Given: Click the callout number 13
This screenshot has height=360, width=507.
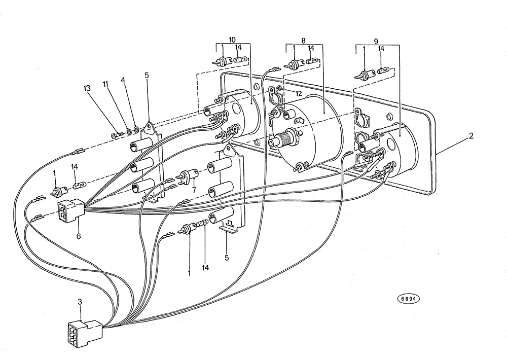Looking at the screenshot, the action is (x=87, y=88).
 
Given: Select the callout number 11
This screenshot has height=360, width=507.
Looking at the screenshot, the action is (x=105, y=84).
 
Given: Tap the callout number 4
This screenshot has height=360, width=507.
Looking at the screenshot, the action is (x=123, y=80).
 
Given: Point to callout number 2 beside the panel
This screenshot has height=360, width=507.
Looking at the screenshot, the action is (x=471, y=136).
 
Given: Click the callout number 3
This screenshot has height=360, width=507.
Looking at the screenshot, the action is (x=80, y=302).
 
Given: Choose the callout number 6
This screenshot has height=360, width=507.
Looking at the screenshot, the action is (x=79, y=236).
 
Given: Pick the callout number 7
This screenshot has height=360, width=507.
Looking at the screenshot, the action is (x=194, y=190).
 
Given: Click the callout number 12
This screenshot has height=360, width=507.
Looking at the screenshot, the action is (x=299, y=93).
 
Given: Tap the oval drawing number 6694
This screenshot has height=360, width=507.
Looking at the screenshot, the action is (x=408, y=299).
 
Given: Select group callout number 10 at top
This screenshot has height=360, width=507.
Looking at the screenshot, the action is (x=232, y=40).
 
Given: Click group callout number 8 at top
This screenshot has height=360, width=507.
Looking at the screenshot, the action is (x=303, y=41).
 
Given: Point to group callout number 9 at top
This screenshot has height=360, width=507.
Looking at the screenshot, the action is (x=376, y=41).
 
